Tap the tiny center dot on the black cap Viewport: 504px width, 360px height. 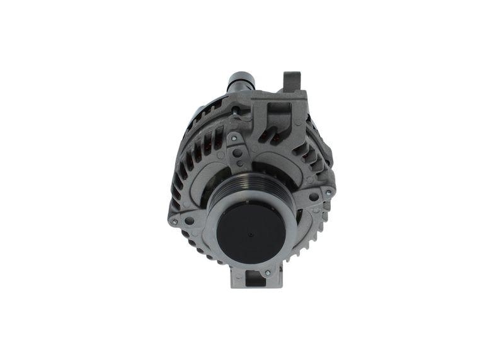pos(251,234)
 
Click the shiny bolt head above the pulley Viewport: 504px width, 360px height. pos(234,138)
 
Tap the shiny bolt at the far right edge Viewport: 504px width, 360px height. pos(328,192)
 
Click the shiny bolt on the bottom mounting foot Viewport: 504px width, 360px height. pos(267,273)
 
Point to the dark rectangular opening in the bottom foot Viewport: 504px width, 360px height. pos(255,277)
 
